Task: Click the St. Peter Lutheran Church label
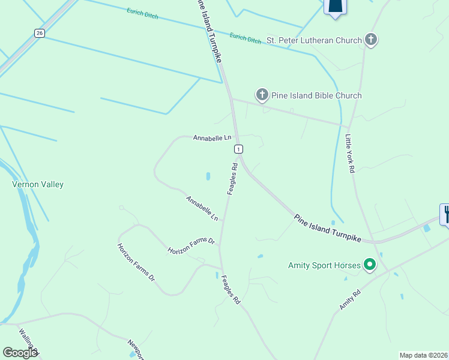(314, 40)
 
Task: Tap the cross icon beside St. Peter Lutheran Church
(371, 40)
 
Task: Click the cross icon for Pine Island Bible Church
(262, 94)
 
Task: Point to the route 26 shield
(40, 33)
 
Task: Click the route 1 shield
(238, 149)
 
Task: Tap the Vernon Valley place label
(38, 185)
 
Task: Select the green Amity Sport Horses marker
(370, 264)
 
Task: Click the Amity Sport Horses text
(324, 265)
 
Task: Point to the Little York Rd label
(349, 154)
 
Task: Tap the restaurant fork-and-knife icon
(446, 213)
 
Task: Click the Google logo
(20, 353)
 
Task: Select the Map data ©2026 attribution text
(423, 355)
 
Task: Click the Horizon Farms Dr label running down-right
(136, 262)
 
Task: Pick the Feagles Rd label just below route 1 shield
(232, 178)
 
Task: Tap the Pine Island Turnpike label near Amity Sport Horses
(328, 228)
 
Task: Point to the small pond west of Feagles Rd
(208, 177)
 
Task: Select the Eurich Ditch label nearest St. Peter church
(246, 38)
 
